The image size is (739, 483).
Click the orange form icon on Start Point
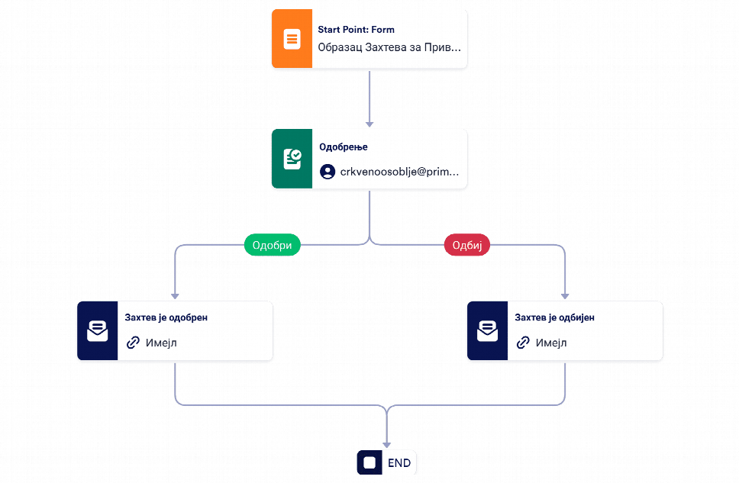click(x=292, y=39)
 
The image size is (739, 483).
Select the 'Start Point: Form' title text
click(x=356, y=30)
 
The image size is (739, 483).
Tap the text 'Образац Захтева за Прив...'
click(x=389, y=47)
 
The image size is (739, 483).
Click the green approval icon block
click(x=292, y=159)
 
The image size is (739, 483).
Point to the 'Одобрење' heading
click(x=343, y=147)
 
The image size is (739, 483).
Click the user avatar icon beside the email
click(x=328, y=172)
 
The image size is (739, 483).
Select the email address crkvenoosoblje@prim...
click(x=400, y=172)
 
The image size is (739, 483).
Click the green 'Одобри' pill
click(x=272, y=245)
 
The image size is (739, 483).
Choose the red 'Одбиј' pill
click(x=467, y=245)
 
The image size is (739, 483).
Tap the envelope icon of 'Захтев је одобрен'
click(x=98, y=331)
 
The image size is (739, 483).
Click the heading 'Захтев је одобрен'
click(x=166, y=317)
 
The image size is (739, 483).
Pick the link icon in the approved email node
click(x=133, y=343)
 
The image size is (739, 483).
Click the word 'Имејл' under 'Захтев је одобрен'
click(x=161, y=343)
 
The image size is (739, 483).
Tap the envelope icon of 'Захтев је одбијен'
click(x=487, y=331)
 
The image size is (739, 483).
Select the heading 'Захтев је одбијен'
click(x=554, y=317)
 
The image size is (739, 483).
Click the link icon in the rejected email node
click(x=523, y=343)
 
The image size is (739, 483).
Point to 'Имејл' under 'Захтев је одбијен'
click(x=551, y=343)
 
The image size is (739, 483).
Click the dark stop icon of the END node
click(x=369, y=462)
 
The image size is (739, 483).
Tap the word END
click(x=399, y=463)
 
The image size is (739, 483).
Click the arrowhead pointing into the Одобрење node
click(x=369, y=124)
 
